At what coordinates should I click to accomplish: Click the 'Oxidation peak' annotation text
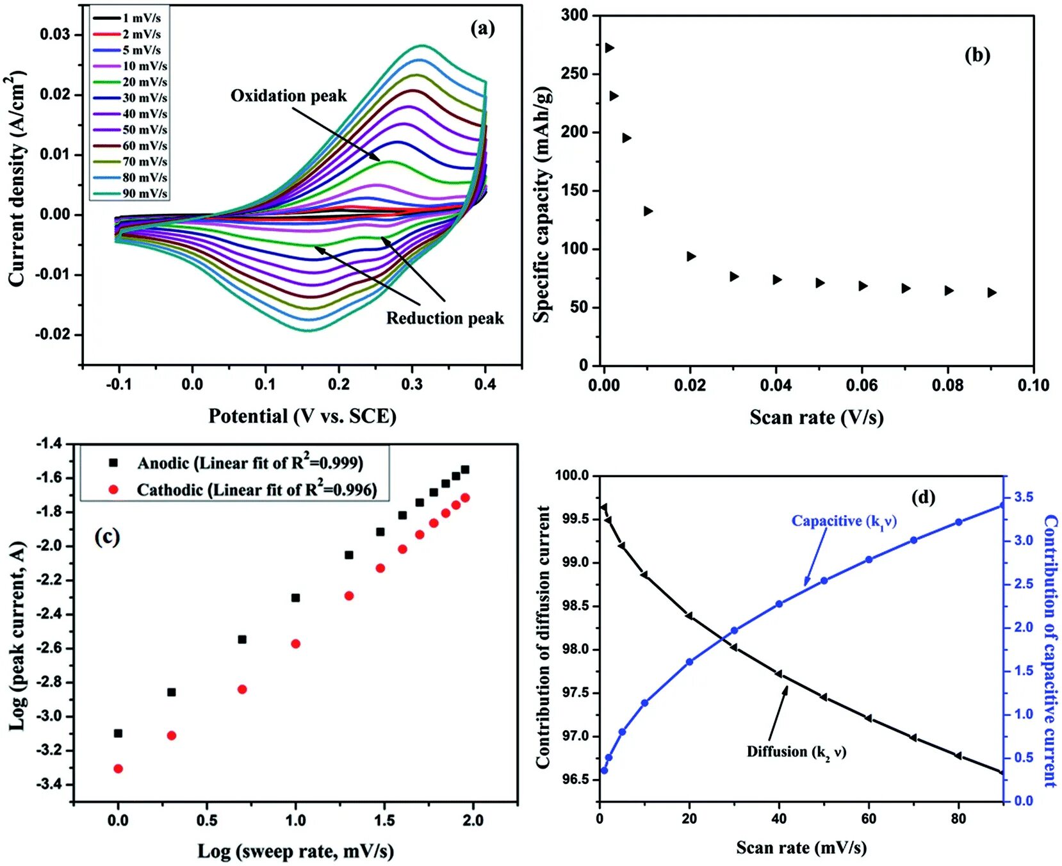[288, 96]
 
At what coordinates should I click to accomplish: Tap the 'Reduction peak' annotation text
[445, 318]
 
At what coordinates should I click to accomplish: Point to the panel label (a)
[482, 28]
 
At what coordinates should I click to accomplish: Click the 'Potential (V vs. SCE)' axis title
[302, 416]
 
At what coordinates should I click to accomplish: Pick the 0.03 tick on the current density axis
[56, 34]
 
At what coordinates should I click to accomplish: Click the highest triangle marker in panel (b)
[609, 48]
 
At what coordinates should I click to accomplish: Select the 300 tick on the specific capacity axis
[575, 15]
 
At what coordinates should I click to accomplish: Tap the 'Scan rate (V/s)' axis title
[817, 418]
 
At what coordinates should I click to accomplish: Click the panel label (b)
[977, 55]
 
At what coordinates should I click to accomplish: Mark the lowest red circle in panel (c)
[118, 769]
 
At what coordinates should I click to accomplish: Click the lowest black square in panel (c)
[118, 733]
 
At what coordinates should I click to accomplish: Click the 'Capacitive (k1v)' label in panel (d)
[844, 521]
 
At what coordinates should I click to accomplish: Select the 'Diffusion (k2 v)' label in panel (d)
[796, 752]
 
